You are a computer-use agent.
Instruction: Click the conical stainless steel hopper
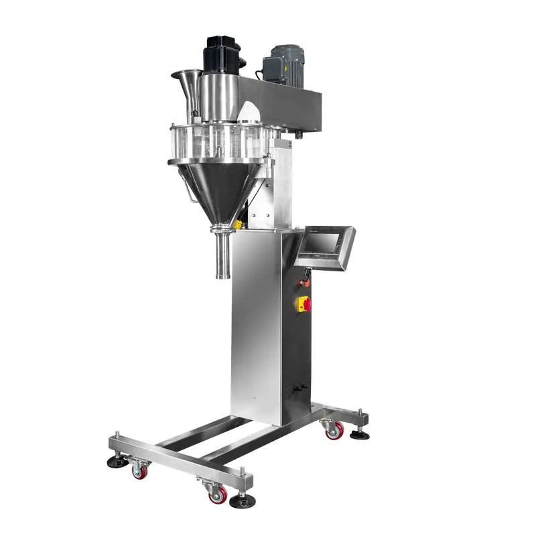click(x=218, y=188)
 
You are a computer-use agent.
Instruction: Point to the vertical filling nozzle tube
click(x=220, y=255)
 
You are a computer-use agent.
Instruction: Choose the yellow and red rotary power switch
click(x=304, y=304)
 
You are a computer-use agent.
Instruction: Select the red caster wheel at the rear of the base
click(x=334, y=429)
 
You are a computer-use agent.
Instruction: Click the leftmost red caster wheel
click(x=139, y=472)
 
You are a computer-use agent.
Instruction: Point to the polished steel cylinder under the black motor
click(x=218, y=98)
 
